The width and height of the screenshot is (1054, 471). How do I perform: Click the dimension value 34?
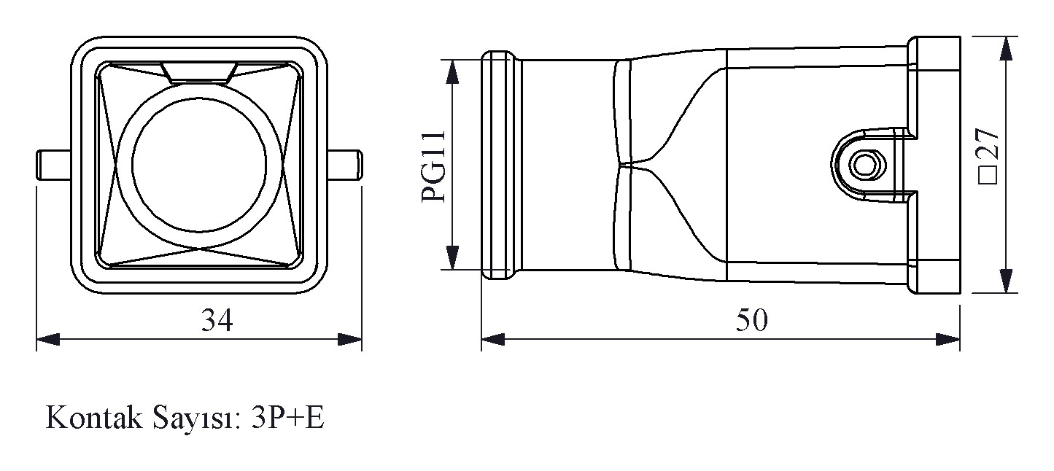[217, 320]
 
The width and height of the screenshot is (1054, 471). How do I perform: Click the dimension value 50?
[751, 320]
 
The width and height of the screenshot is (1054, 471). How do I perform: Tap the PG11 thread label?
[433, 166]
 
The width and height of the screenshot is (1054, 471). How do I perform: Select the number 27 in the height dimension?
[988, 143]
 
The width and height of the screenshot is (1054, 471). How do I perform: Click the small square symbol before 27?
[988, 175]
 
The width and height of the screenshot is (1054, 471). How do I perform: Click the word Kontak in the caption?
[93, 418]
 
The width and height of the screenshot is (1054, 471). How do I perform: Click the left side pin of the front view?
[54, 165]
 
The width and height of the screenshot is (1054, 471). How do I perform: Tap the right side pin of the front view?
[345, 165]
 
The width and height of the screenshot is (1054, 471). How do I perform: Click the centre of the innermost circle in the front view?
[199, 165]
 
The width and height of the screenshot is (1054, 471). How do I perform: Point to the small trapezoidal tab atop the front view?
[200, 72]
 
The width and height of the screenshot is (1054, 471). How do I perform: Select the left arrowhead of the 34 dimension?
[48, 339]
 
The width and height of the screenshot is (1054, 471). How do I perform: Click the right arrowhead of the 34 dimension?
[350, 339]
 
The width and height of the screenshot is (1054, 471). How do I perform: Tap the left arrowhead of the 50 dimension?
[493, 339]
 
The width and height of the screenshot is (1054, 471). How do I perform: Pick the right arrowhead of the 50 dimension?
[948, 339]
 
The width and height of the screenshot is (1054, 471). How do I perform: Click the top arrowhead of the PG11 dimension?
[452, 72]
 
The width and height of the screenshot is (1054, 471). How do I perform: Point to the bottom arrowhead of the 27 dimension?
[1006, 281]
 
